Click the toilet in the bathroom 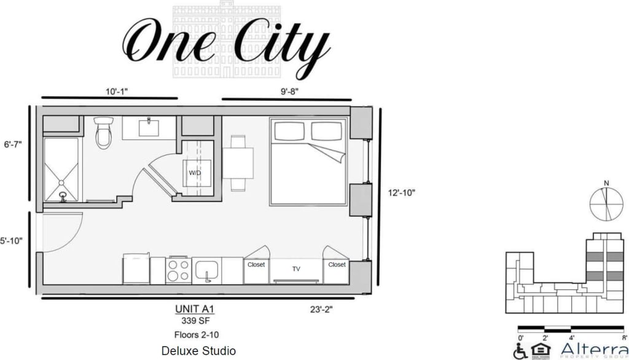click(x=104, y=132)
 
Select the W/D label click(x=195, y=173)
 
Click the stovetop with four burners click(x=178, y=270)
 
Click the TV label click(x=296, y=269)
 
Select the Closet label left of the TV click(x=256, y=265)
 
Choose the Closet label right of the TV click(x=337, y=265)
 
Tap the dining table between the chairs click(x=238, y=162)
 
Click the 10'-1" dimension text click(x=116, y=91)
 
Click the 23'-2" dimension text click(x=322, y=310)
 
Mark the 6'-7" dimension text click(x=13, y=144)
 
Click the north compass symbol click(x=606, y=203)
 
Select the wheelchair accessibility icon click(x=520, y=351)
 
